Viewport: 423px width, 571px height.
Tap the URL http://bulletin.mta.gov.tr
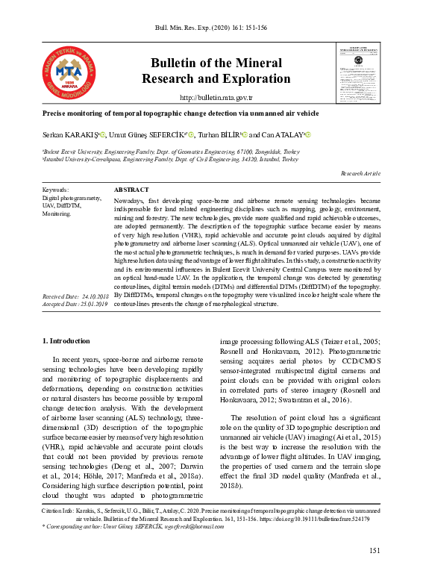point(216,98)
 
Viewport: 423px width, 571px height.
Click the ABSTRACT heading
point(131,190)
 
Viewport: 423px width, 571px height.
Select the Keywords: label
point(57,190)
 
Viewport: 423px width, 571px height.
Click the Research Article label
point(361,173)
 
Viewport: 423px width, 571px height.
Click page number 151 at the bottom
point(375,551)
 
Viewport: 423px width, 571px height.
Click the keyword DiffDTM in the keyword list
point(61,206)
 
